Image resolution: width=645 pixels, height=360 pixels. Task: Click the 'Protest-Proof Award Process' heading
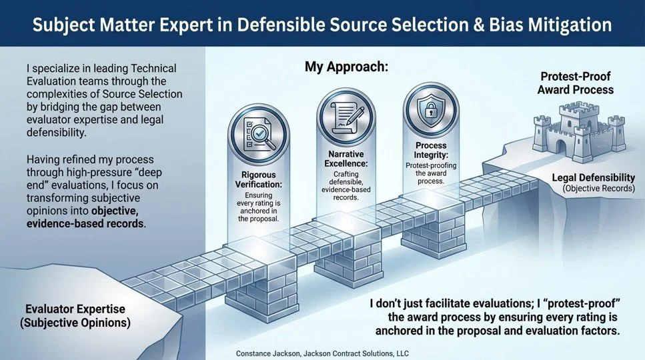[576, 83]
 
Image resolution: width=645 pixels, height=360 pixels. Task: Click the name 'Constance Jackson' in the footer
[272, 353]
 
